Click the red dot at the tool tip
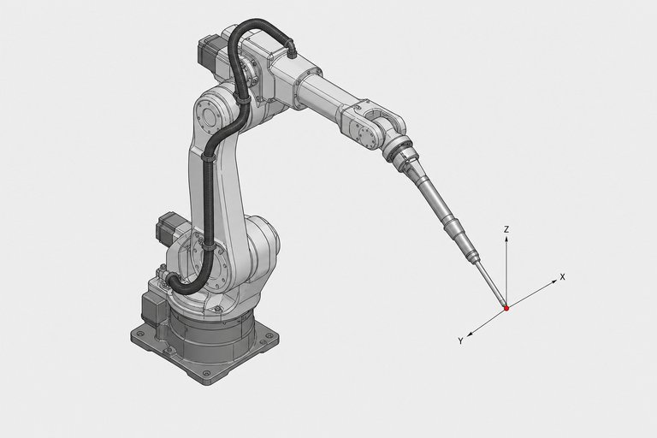click(x=506, y=308)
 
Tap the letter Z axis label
click(x=506, y=229)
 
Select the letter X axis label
click(x=562, y=277)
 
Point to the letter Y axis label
click(x=460, y=341)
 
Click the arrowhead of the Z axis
click(x=506, y=239)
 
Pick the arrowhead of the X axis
click(x=554, y=281)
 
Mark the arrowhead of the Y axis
click(x=471, y=334)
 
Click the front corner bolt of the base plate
click(x=205, y=373)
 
